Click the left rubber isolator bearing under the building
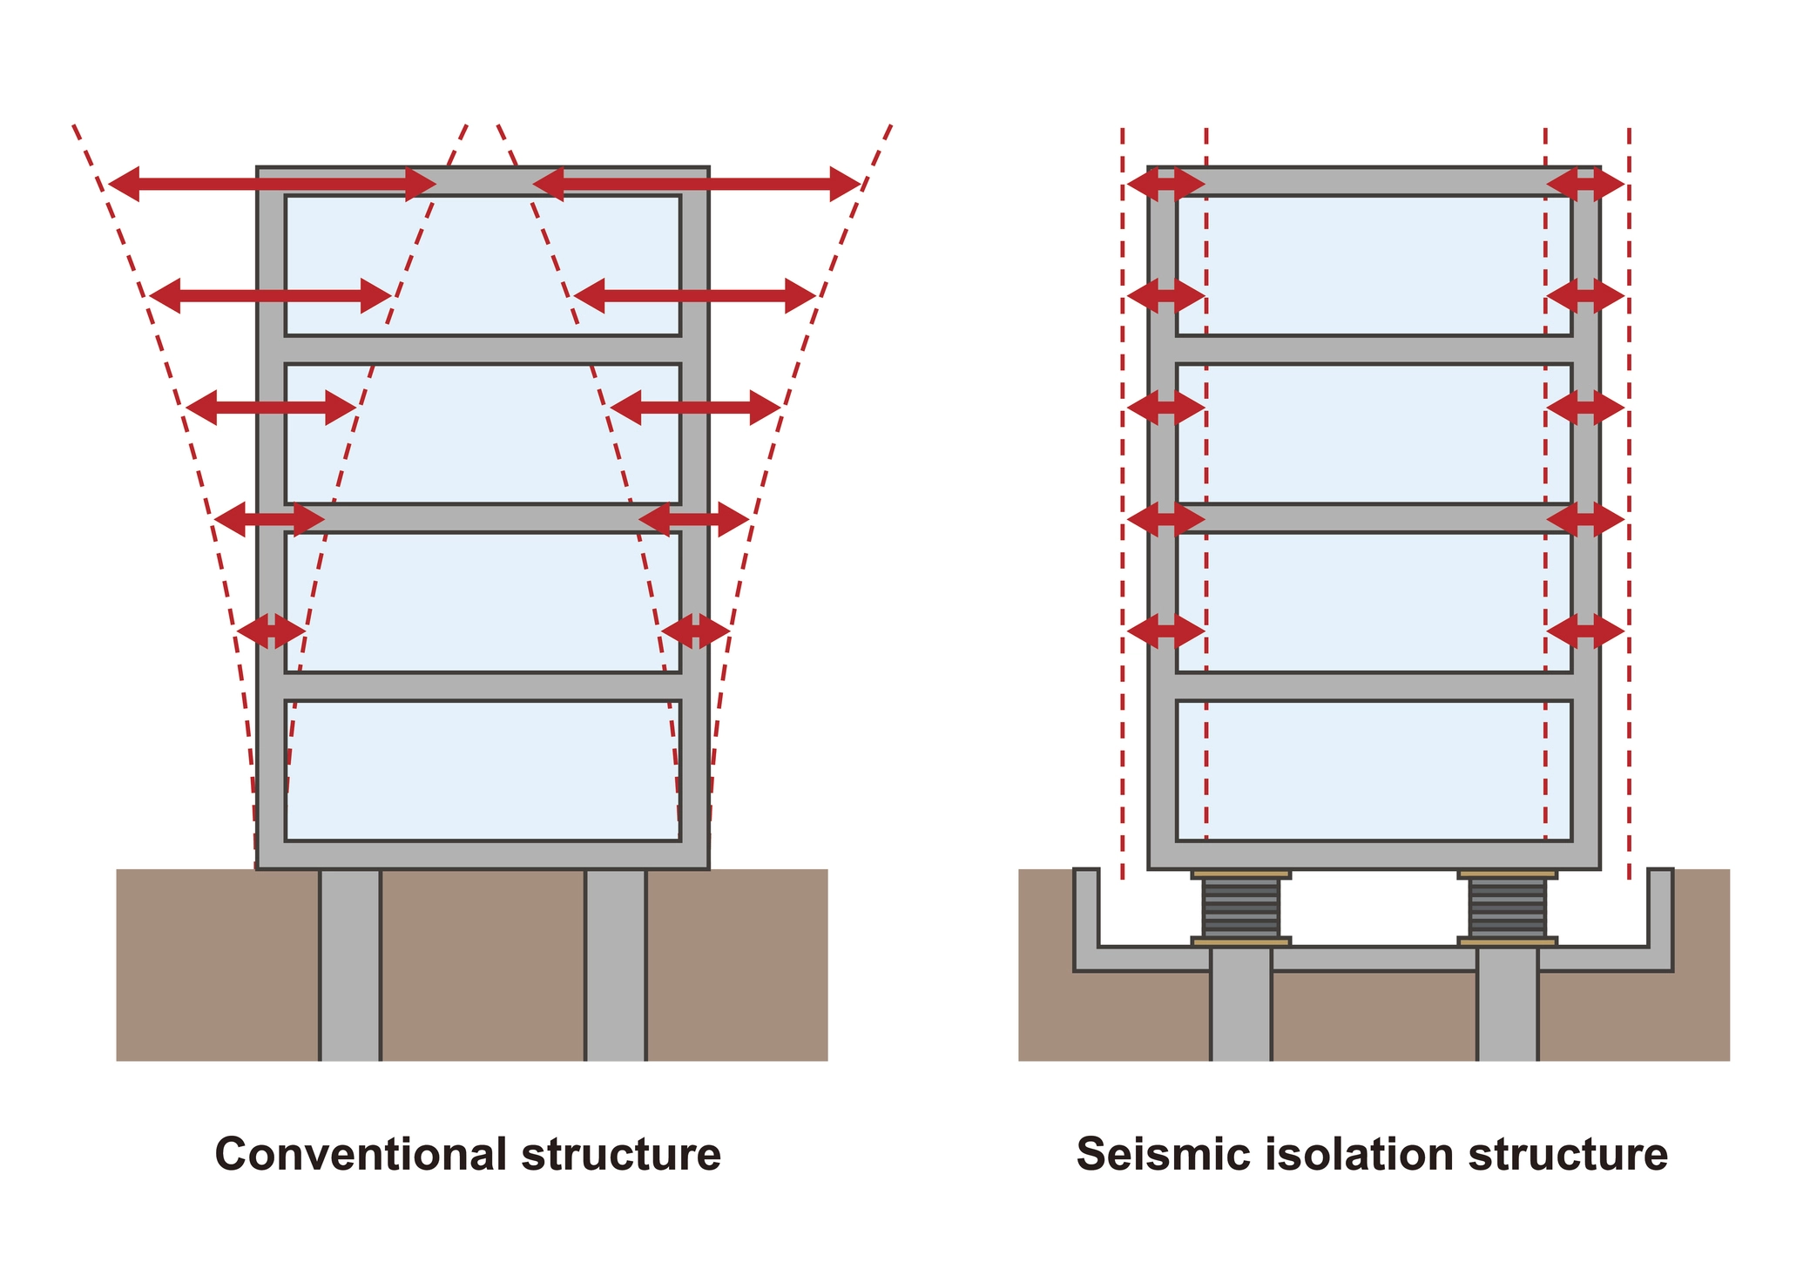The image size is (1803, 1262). (1240, 908)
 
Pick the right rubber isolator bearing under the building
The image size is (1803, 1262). (1508, 908)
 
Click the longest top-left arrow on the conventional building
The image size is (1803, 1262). (272, 184)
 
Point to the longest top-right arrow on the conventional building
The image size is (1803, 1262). (697, 184)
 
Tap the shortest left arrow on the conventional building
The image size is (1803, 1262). (271, 630)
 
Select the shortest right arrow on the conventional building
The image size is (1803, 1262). (695, 630)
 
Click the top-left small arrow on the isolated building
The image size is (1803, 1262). (1165, 184)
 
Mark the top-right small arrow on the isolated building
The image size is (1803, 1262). (1585, 184)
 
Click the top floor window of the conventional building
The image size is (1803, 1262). (483, 265)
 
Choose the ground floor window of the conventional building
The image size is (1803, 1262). (483, 770)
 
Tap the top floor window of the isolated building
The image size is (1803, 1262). (1374, 265)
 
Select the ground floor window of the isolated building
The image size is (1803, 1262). (1374, 770)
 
